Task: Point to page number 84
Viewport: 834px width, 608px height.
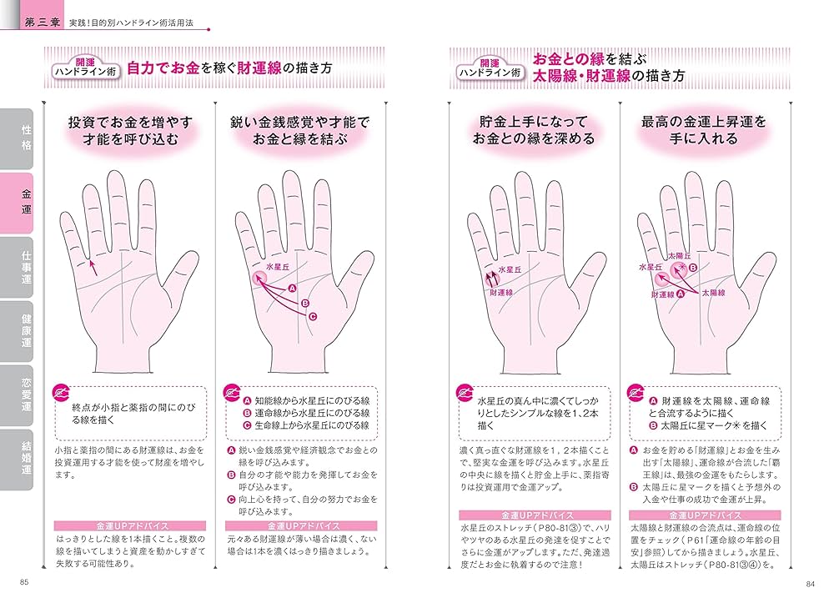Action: tap(809, 582)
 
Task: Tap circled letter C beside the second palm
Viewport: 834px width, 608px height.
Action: tap(312, 317)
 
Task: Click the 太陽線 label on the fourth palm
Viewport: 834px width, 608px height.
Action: tap(713, 294)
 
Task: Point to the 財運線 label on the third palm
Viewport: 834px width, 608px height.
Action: tap(500, 294)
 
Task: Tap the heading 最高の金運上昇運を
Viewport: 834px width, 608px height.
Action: tap(704, 122)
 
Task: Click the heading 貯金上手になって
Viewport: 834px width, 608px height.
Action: tap(534, 122)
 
